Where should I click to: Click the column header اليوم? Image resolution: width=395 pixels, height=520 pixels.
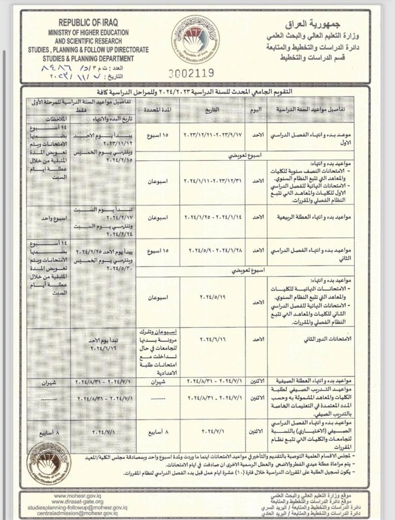[x=256, y=110]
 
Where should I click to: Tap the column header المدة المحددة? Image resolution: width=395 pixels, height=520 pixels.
[x=154, y=110]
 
